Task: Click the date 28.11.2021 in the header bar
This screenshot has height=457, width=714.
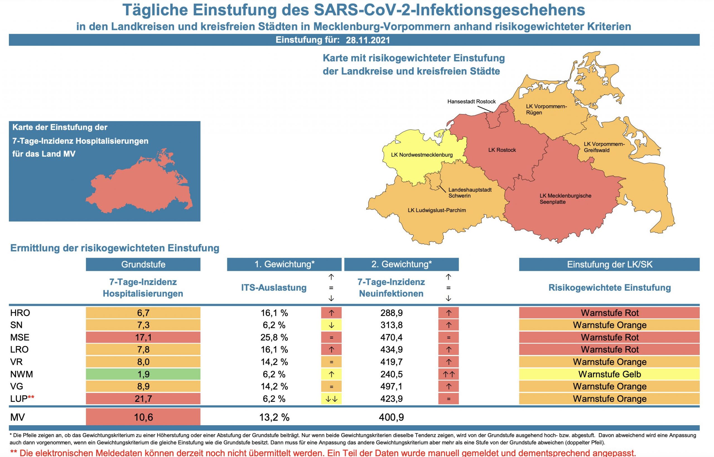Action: (368, 40)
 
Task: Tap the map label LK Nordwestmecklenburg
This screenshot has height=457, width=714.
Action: (422, 155)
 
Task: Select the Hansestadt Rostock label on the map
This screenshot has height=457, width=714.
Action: (471, 101)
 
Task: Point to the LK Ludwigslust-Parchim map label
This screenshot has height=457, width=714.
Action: (436, 210)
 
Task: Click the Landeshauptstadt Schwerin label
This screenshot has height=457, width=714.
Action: (470, 193)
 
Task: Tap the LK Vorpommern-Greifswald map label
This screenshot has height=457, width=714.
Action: (604, 147)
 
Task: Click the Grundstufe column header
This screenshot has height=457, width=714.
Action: (143, 264)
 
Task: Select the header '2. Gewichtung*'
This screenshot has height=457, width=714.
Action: (401, 264)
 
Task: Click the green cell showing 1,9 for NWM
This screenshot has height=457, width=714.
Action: (143, 374)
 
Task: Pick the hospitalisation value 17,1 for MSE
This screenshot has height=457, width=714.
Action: (143, 337)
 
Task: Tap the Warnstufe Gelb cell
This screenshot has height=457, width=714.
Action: (609, 374)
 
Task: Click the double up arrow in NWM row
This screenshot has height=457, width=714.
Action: (448, 374)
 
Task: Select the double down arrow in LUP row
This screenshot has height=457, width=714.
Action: (331, 399)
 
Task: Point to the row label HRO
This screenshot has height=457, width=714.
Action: (20, 313)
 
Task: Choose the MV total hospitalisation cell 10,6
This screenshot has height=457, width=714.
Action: (143, 417)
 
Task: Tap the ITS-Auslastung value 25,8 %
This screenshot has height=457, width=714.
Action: (274, 337)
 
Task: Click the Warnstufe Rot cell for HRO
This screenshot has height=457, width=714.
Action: (609, 313)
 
